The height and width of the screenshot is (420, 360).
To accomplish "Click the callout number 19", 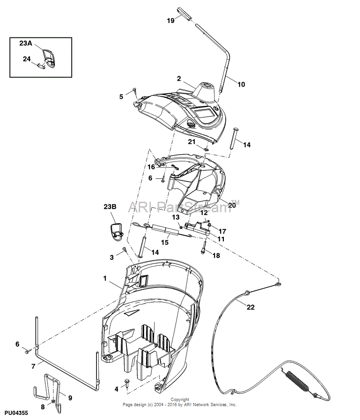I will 171,21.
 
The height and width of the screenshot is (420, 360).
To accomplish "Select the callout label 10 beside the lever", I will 241,84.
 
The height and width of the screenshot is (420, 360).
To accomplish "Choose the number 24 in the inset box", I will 27,59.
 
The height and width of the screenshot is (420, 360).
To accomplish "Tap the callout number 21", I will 192,142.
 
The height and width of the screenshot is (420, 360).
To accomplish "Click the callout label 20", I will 232,205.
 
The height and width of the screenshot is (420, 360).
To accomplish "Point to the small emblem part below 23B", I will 116,231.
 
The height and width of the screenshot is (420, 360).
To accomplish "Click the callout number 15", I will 164,242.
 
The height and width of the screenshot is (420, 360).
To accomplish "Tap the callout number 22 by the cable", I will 250,307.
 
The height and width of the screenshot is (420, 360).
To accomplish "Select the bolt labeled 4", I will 127,381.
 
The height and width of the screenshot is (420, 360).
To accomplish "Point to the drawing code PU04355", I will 16,414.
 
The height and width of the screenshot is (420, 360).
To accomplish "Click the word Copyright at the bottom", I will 180,400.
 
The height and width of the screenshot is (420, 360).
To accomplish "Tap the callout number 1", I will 105,279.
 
